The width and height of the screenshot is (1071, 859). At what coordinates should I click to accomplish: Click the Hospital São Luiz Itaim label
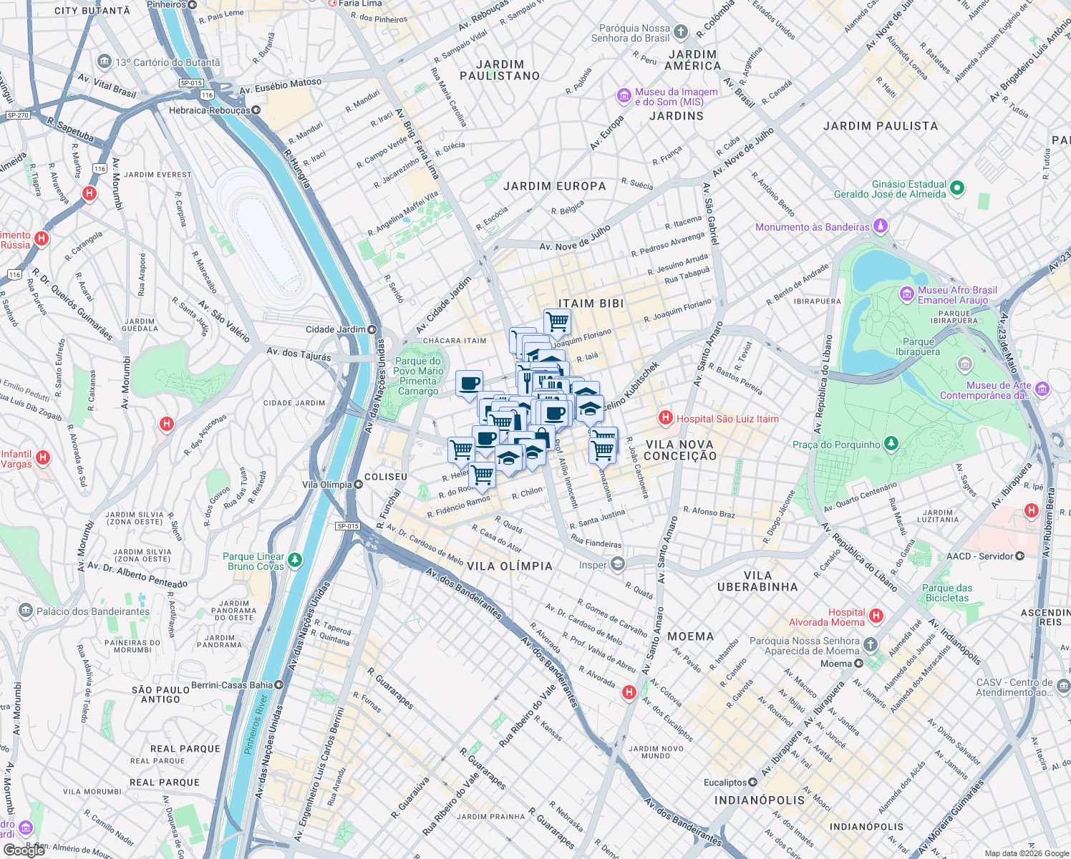tap(727, 419)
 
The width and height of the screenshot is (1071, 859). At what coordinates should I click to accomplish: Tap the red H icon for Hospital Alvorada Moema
tap(876, 616)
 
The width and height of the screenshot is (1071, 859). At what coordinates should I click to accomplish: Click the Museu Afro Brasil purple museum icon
tap(907, 294)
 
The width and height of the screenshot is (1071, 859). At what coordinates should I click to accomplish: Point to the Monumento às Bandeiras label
tap(813, 227)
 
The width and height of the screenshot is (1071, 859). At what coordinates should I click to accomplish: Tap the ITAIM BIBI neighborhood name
tap(591, 304)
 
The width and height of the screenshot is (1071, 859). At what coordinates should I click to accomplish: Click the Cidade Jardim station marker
tap(372, 329)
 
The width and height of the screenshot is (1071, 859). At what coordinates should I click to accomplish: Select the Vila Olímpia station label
tap(327, 485)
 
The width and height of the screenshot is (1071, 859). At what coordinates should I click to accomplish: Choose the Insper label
tap(593, 565)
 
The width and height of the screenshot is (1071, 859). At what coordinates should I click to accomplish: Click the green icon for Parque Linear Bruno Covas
tap(294, 560)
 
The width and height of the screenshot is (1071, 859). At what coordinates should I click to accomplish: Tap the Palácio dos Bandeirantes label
tap(93, 611)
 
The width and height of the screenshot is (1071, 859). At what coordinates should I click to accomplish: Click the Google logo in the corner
tap(24, 850)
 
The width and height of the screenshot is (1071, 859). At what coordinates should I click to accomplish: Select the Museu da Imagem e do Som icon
tap(624, 96)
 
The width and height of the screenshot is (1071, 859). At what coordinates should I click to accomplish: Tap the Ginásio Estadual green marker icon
tap(957, 188)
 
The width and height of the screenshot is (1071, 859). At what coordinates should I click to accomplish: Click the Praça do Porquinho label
tap(836, 445)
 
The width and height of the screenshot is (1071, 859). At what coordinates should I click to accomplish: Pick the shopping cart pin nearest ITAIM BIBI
tap(557, 321)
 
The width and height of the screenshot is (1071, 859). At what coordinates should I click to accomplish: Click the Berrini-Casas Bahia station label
tap(232, 685)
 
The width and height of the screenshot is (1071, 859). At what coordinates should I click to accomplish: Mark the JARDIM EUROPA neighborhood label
tap(554, 186)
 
